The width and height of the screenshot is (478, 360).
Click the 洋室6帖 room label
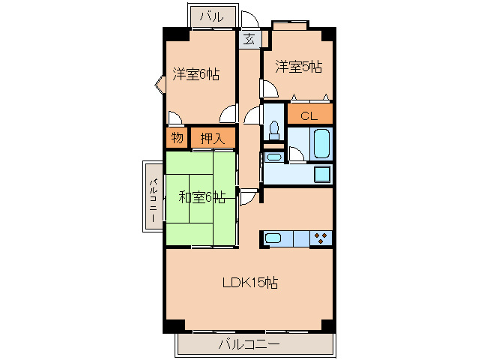point(196,73)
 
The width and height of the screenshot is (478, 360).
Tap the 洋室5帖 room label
point(298,67)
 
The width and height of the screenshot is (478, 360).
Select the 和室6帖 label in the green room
point(202,197)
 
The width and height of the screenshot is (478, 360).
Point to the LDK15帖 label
point(250,283)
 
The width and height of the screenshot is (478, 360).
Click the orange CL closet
point(309,115)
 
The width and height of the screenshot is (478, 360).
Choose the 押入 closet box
point(213,138)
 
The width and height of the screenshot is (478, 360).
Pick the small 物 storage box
point(177,138)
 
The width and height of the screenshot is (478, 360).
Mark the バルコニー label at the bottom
point(249,345)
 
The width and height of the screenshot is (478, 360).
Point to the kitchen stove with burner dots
point(321,238)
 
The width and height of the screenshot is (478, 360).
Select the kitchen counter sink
point(273,238)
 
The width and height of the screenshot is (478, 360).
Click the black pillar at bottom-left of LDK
point(173,326)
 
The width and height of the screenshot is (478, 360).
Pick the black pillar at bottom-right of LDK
point(327,326)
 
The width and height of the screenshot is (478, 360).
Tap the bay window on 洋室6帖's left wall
point(160,84)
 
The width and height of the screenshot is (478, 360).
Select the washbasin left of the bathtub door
point(273,157)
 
